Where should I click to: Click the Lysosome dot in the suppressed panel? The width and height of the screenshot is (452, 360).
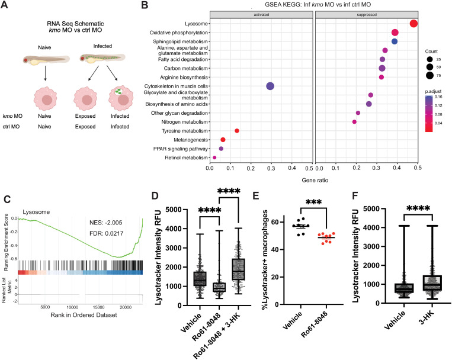pyautogui.click(x=413, y=24)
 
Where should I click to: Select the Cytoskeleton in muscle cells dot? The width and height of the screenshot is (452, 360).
pyautogui.click(x=270, y=86)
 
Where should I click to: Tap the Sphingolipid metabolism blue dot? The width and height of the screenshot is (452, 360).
pyautogui.click(x=395, y=41)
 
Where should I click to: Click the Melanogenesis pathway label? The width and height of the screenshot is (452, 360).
pyautogui.click(x=191, y=140)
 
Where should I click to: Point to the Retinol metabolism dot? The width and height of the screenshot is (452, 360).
pyautogui.click(x=214, y=157)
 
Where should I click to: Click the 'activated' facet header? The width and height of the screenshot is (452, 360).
pyautogui.click(x=261, y=14)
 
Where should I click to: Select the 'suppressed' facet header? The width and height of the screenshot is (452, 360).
pyautogui.click(x=367, y=14)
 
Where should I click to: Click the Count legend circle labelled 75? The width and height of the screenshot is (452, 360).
pyautogui.click(x=430, y=76)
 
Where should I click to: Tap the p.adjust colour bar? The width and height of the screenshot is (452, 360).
pyautogui.click(x=429, y=114)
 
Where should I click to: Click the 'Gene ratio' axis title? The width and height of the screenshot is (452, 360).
pyautogui.click(x=315, y=180)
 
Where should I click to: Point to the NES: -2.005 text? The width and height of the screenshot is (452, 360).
pyautogui.click(x=106, y=223)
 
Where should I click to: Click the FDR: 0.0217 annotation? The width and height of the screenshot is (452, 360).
pyautogui.click(x=107, y=233)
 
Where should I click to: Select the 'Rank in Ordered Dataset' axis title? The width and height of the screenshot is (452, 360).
pyautogui.click(x=84, y=315)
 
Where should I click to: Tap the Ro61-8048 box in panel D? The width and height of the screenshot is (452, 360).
pyautogui.click(x=219, y=287)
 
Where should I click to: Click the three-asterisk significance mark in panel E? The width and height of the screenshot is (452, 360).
pyautogui.click(x=313, y=202)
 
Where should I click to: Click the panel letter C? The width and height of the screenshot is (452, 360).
pyautogui.click(x=7, y=200)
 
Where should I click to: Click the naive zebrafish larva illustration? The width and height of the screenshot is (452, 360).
pyautogui.click(x=46, y=60)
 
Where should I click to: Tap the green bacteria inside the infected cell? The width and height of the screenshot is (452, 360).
pyautogui.click(x=118, y=91)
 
